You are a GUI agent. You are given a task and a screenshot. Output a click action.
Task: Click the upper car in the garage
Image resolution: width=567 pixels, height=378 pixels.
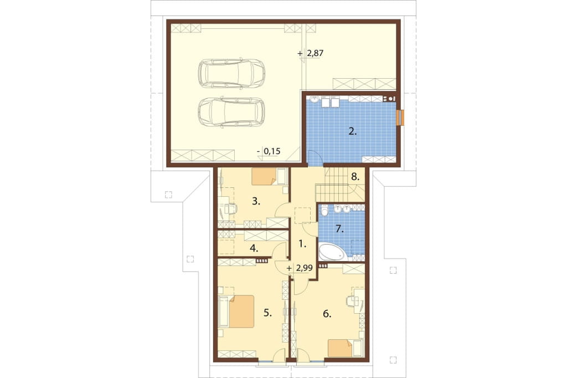(x=231, y=73)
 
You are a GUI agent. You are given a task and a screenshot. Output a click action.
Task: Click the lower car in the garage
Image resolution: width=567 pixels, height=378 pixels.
(x=231, y=113)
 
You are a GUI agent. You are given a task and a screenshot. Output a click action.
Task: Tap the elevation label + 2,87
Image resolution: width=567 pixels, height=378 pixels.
(x=310, y=53)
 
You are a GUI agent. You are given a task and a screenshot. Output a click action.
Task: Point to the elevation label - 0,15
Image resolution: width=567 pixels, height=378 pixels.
(x=269, y=151)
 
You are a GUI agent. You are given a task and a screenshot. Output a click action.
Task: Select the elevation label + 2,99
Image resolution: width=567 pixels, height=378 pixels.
(x=300, y=268)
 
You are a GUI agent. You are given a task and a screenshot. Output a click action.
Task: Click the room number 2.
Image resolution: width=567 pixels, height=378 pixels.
(x=353, y=132)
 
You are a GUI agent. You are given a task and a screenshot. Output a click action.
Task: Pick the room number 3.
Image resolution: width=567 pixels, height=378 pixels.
(x=256, y=201)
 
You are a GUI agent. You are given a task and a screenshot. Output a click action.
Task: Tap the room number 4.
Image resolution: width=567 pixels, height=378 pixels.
(x=254, y=249)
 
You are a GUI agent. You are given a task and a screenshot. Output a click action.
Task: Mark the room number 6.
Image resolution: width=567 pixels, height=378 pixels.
(x=327, y=314)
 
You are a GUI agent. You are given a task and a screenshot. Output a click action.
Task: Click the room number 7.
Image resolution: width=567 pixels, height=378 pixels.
(x=339, y=229)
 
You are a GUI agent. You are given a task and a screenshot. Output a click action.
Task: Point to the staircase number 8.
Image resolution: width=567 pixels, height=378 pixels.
(x=355, y=177)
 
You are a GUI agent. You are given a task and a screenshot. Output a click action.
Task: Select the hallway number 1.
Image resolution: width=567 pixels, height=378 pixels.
(x=303, y=244)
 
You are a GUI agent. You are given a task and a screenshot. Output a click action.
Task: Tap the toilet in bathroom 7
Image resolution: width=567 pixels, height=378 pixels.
(x=324, y=211)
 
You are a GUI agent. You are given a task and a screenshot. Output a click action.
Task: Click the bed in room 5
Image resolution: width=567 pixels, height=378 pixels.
(x=236, y=311)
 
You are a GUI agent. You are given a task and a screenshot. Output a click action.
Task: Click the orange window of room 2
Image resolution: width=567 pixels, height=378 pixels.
(x=400, y=118)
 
